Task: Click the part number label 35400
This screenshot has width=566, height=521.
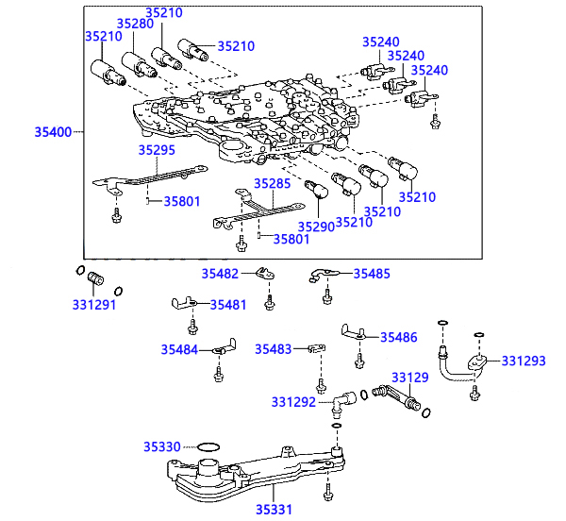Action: [53, 132]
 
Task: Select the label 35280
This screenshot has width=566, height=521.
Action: [135, 24]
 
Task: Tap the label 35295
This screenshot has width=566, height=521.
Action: [157, 150]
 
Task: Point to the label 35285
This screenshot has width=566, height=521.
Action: [273, 184]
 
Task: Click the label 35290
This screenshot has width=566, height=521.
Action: [316, 227]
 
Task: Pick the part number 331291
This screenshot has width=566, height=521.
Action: [94, 305]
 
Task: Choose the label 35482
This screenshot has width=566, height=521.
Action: [220, 274]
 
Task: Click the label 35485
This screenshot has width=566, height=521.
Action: [372, 274]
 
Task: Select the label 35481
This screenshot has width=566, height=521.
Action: [228, 305]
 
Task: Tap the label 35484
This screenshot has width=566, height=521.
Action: [179, 350]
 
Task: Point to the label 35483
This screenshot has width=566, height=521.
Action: [274, 349]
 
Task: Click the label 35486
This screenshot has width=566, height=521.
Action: [399, 338]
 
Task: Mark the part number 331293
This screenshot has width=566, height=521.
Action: [524, 361]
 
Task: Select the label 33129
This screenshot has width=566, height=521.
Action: [410, 378]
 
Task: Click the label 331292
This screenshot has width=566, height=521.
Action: [293, 402]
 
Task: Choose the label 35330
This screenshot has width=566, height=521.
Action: [162, 447]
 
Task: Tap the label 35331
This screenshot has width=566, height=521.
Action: [274, 510]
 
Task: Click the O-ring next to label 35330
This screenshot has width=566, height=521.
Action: [208, 444]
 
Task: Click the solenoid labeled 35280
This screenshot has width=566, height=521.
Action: [139, 65]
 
